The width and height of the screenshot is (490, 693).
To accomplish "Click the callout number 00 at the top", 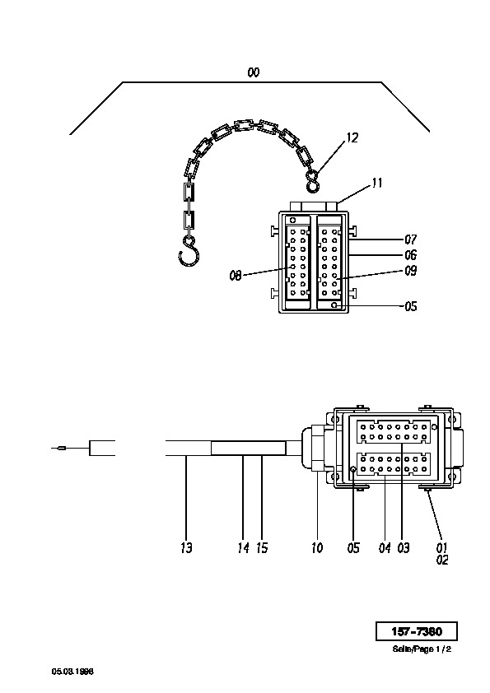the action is (x=254, y=72).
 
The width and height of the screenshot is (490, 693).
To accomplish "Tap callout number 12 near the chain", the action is (x=352, y=138).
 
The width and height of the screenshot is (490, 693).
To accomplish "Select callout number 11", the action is (x=377, y=183).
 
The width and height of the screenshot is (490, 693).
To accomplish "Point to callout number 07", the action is (x=411, y=240).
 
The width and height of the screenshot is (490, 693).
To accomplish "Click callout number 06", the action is (x=411, y=255).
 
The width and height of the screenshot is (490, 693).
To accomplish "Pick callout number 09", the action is (x=411, y=271).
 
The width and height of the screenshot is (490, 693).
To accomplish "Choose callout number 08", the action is (x=236, y=276).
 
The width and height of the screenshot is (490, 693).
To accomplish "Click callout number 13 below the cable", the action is (x=186, y=548).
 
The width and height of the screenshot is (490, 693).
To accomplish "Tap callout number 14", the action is (x=243, y=548).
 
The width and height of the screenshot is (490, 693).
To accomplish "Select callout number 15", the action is (x=262, y=548).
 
